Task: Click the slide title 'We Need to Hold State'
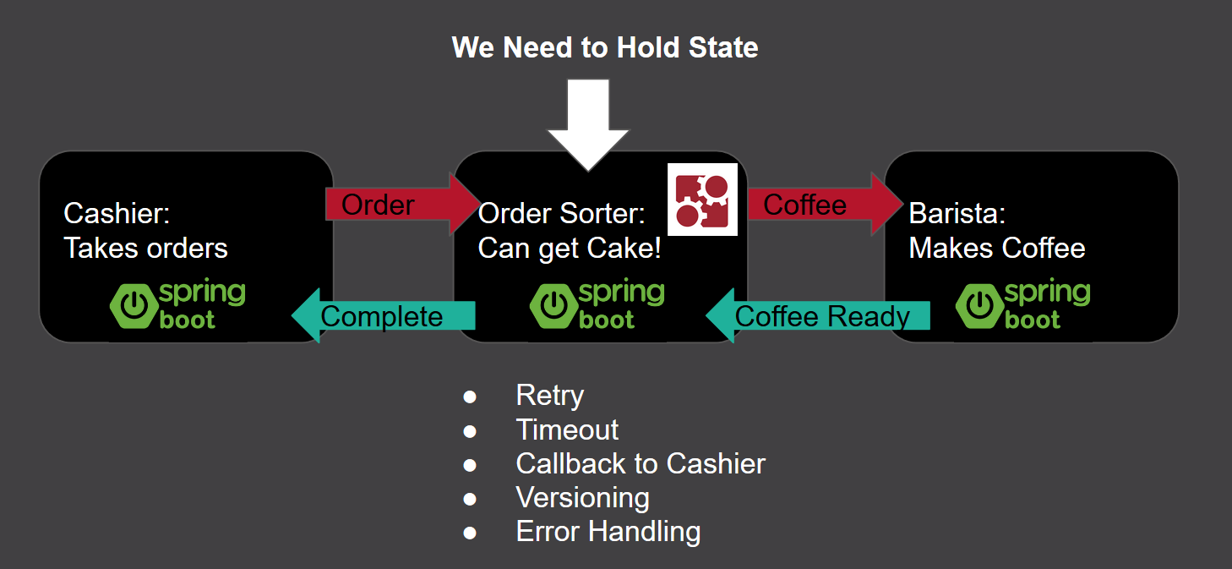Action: pyautogui.click(x=605, y=47)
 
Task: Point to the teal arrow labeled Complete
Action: pyautogui.click(x=384, y=316)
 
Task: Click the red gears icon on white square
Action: pyautogui.click(x=702, y=200)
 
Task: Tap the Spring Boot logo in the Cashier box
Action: pyautogui.click(x=177, y=305)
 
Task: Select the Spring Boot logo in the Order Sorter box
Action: pyautogui.click(x=597, y=305)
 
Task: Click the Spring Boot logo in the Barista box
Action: pyautogui.click(x=1023, y=305)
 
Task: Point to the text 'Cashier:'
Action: pyautogui.click(x=117, y=213)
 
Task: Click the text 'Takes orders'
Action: pyautogui.click(x=145, y=248)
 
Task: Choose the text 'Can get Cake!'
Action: pyautogui.click(x=570, y=248)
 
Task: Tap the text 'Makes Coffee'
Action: pyautogui.click(x=997, y=248)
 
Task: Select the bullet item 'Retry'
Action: pyautogui.click(x=550, y=396)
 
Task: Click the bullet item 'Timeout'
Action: pyautogui.click(x=567, y=429)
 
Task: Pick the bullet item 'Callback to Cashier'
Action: pyautogui.click(x=641, y=463)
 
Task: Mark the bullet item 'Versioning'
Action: pyautogui.click(x=582, y=497)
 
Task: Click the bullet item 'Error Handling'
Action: pyautogui.click(x=608, y=531)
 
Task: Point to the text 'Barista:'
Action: pyautogui.click(x=957, y=213)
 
